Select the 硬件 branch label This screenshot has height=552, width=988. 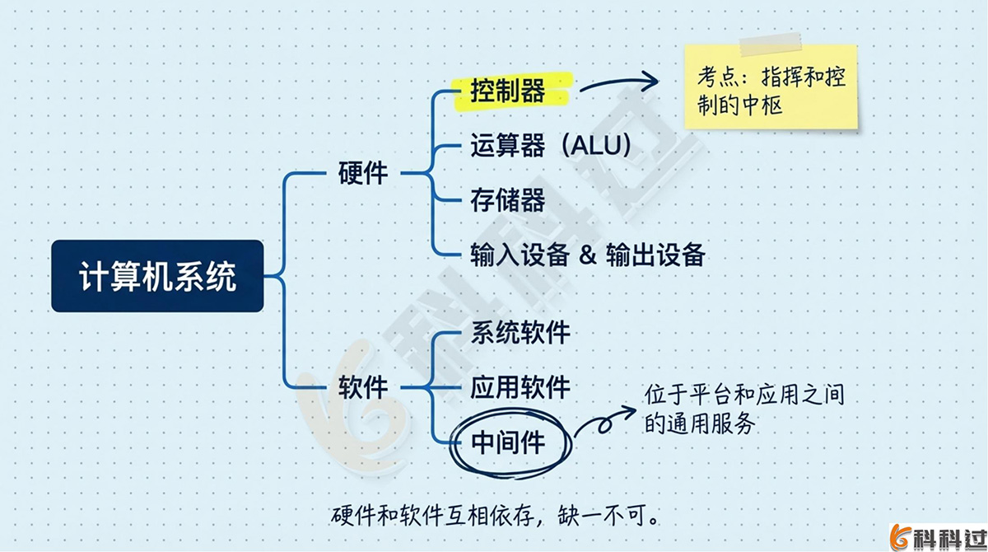coord(363,174)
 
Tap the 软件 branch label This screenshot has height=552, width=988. coord(363,386)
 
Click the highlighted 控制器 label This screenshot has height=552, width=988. coord(508,90)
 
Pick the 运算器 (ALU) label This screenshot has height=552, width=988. coord(550,145)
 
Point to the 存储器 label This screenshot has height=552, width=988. coord(507,199)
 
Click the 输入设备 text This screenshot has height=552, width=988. coord(520,255)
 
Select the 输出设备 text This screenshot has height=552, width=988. coord(655,255)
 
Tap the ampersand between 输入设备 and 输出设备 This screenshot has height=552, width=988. coord(587,255)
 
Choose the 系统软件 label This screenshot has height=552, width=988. coord(520,332)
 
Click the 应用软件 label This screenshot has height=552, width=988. coord(520,386)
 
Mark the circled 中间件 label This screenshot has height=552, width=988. coord(508,442)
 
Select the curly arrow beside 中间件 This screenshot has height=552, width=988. coord(605,423)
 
